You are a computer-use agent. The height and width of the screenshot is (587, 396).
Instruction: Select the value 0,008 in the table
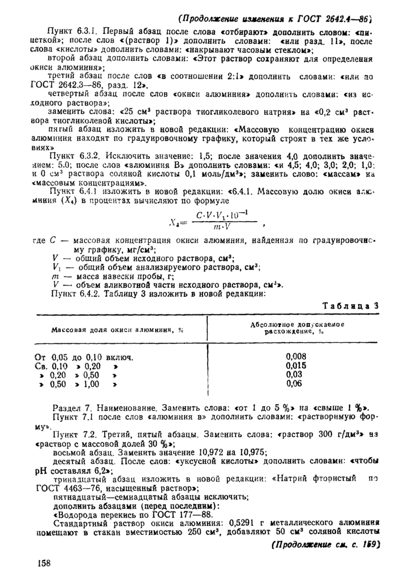pos(294,357)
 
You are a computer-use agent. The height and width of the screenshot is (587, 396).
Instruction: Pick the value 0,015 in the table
pos(294,366)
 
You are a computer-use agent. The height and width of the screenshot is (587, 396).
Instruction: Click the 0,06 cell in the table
pos(294,383)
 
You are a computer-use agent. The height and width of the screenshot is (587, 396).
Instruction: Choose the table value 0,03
pos(294,374)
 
